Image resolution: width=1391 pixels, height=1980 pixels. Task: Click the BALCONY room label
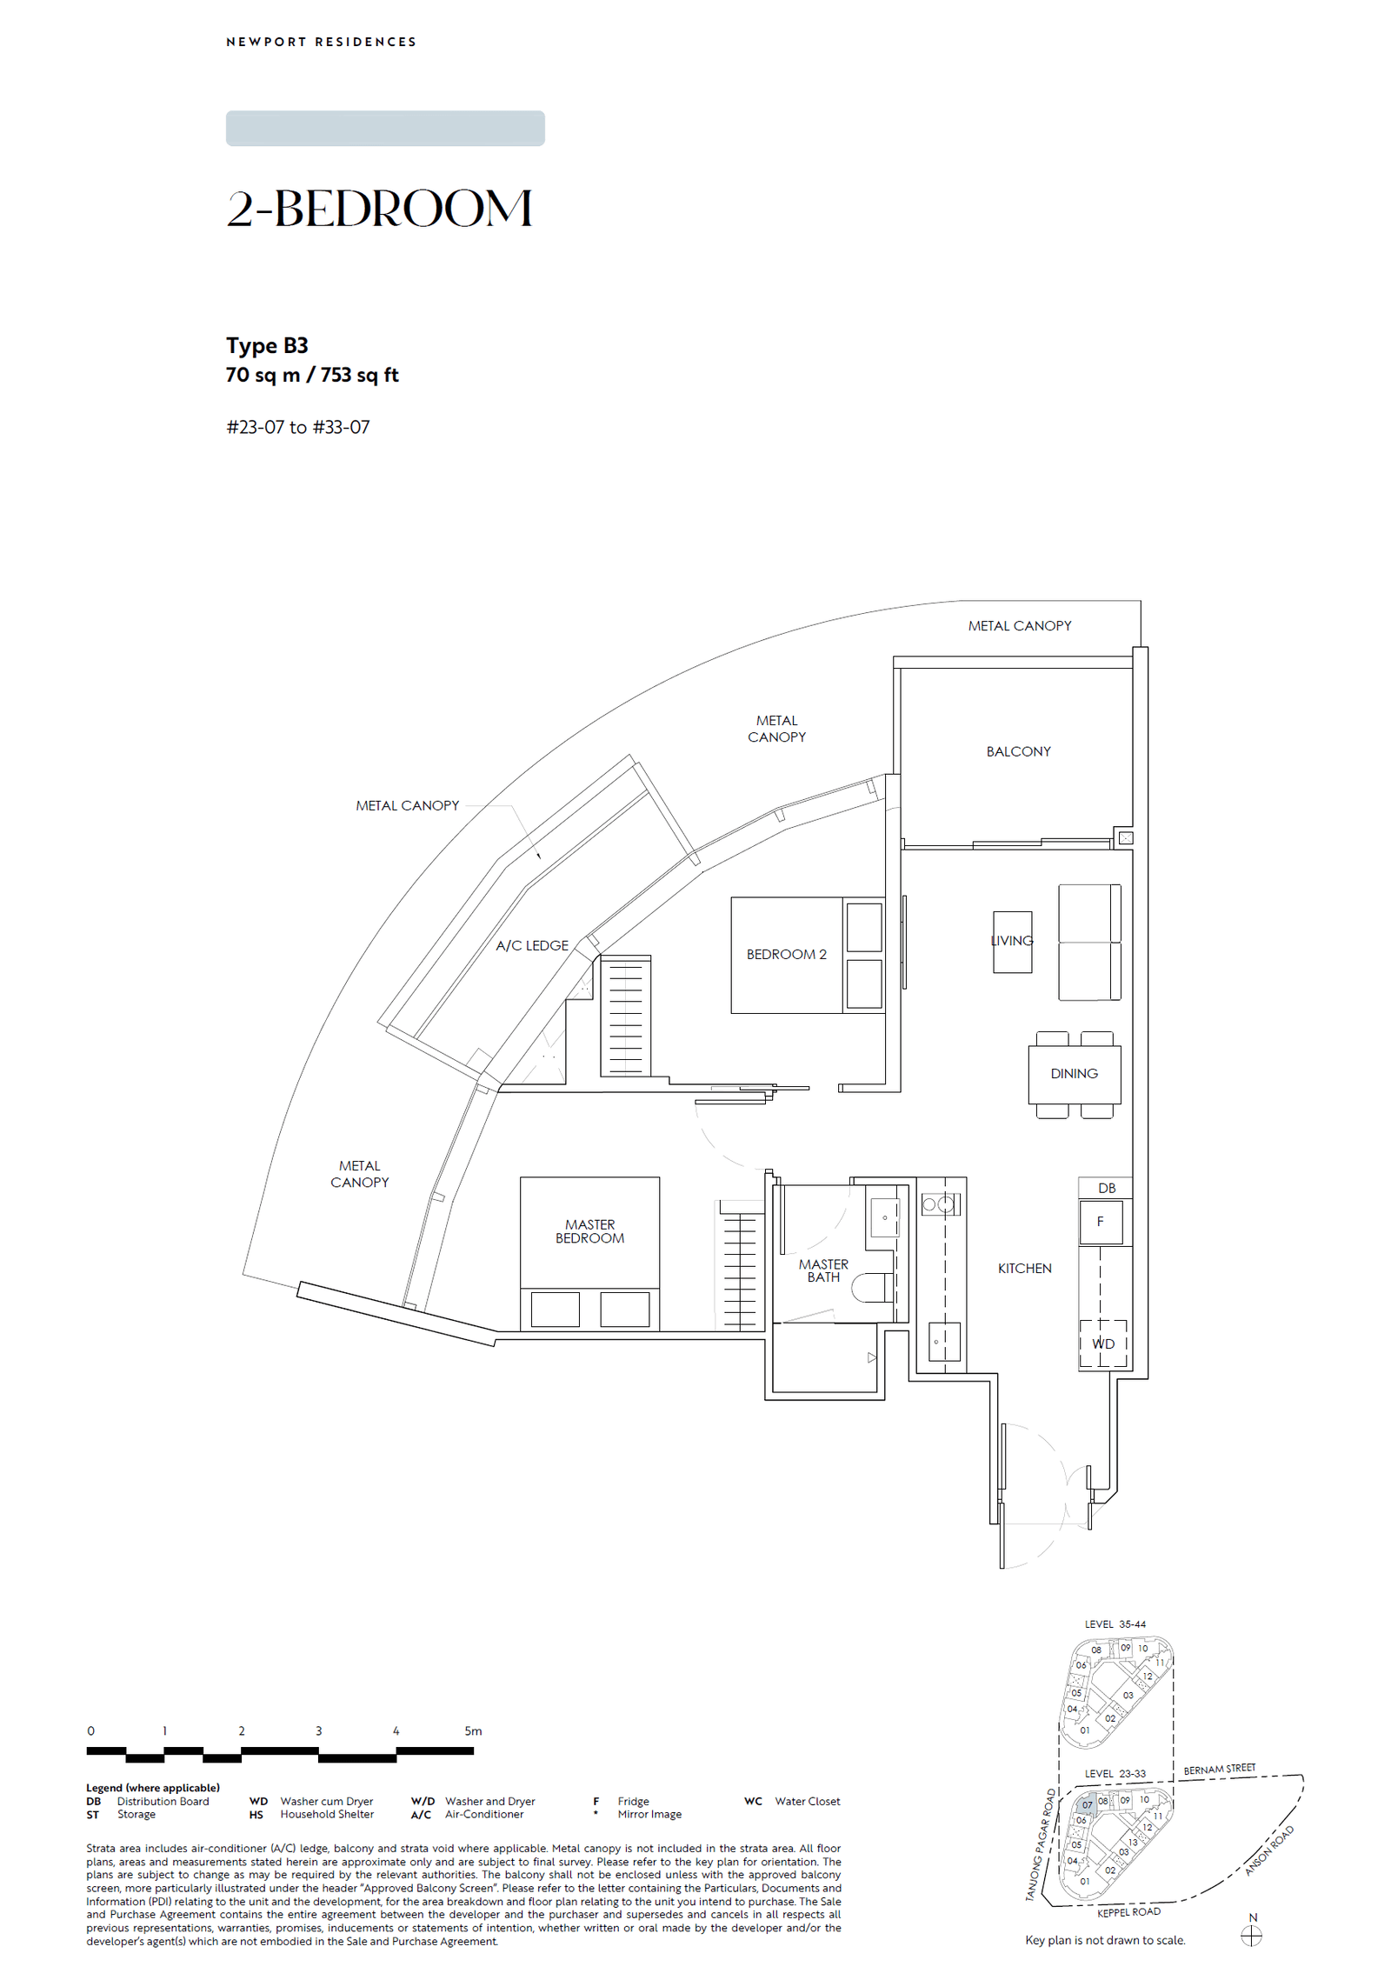click(1018, 751)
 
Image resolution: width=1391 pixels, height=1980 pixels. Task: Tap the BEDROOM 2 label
click(786, 954)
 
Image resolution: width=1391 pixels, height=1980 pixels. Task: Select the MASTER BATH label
click(823, 1270)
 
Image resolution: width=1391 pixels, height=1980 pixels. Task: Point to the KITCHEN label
click(1024, 1268)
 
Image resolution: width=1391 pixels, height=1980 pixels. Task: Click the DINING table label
click(1074, 1073)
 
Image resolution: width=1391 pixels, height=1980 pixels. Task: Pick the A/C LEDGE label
click(532, 945)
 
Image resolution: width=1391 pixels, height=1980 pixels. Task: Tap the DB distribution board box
click(1106, 1188)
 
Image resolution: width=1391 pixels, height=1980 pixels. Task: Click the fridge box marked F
click(1100, 1222)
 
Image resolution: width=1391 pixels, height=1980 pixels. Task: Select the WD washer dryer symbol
click(1103, 1343)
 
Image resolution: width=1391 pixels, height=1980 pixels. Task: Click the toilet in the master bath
click(872, 1287)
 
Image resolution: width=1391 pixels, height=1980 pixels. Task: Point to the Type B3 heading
click(267, 345)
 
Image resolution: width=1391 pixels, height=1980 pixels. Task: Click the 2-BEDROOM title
click(379, 209)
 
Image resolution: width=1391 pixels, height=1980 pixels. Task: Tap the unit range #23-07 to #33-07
click(298, 427)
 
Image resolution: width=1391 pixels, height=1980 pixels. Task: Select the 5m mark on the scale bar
click(473, 1730)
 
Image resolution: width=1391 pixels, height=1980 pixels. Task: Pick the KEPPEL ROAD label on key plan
click(1128, 1911)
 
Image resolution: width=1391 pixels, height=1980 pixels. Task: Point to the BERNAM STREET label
click(1219, 1769)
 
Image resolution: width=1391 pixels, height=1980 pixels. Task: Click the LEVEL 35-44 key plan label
click(1115, 1623)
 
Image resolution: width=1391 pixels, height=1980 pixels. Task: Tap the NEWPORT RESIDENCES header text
click(321, 42)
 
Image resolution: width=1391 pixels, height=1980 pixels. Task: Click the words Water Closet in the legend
click(807, 1801)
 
